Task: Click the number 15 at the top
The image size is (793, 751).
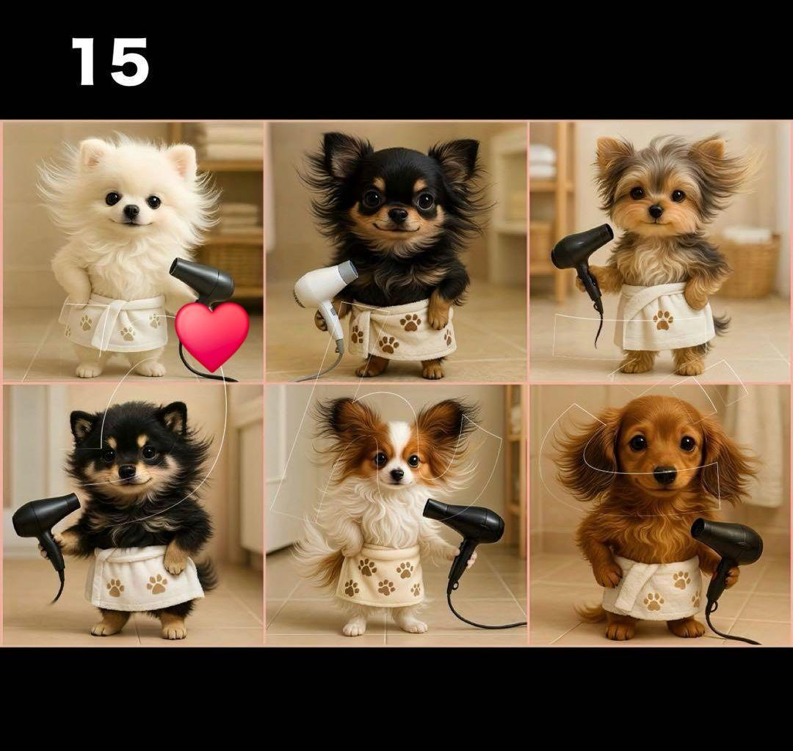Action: (x=110, y=62)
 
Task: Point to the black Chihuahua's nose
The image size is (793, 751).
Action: (x=398, y=216)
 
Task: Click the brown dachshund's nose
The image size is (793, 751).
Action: (x=665, y=475)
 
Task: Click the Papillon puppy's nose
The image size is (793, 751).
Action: (x=397, y=475)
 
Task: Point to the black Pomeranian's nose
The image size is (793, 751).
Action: (x=127, y=471)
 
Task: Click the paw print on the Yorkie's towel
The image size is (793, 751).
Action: (x=662, y=320)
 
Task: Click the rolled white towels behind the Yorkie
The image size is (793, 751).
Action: (x=542, y=161)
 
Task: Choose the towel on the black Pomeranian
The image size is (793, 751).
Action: (x=143, y=579)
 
